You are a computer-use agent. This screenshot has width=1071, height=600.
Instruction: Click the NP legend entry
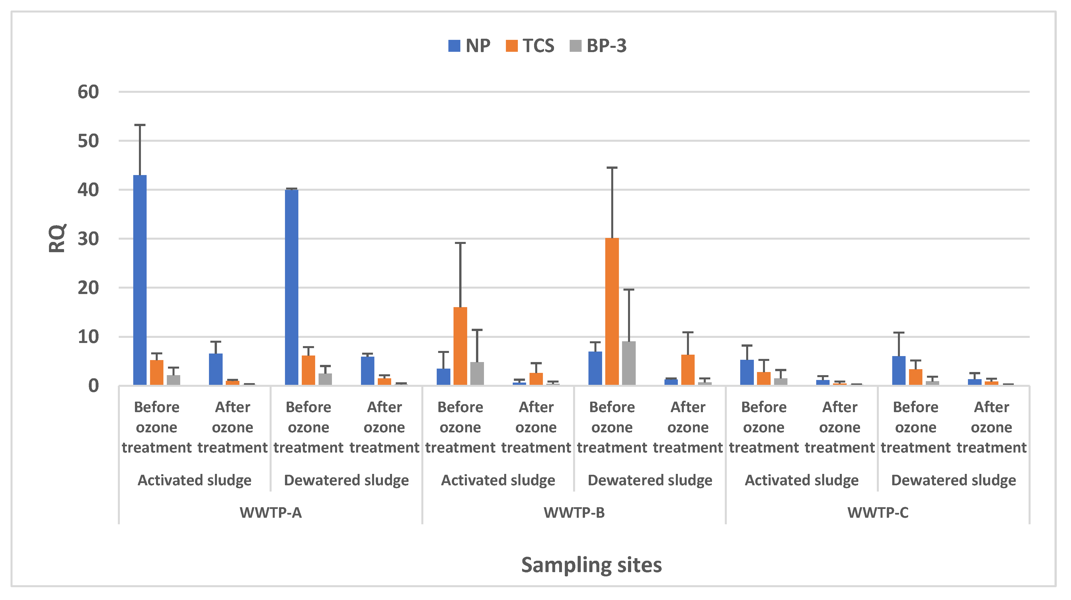click(x=469, y=46)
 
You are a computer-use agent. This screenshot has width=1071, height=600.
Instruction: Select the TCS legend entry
click(x=530, y=46)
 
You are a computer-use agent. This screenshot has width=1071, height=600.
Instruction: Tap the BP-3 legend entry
click(x=598, y=46)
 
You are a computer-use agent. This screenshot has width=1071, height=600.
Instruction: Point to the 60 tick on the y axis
click(x=88, y=92)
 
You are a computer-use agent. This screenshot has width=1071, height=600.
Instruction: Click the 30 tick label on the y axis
click(x=88, y=239)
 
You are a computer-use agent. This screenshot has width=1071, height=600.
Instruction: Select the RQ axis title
click(x=57, y=238)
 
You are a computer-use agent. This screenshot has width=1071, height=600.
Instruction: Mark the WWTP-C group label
click(x=878, y=513)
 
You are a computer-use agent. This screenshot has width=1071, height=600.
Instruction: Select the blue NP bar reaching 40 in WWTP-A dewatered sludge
click(x=292, y=287)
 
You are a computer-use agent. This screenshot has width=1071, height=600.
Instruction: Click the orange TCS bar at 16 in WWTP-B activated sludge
click(x=460, y=346)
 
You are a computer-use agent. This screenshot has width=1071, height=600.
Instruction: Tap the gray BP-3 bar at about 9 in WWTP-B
click(x=629, y=363)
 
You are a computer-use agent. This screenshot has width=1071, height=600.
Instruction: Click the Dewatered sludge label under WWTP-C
click(x=953, y=480)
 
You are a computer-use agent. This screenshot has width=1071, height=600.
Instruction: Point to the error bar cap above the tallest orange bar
click(x=612, y=168)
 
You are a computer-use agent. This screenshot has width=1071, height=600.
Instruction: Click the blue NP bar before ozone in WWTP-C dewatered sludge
click(x=899, y=371)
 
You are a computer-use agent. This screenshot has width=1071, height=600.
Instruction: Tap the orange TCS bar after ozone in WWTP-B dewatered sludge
click(x=688, y=370)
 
